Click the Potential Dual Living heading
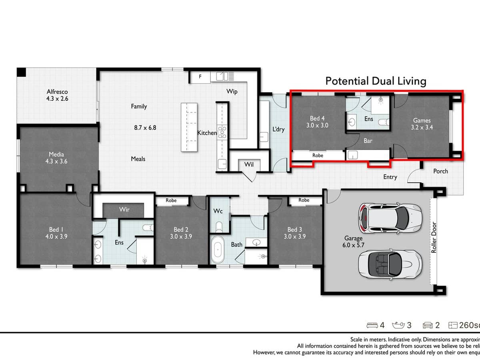376,81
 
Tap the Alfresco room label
57,95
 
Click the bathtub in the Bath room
218,249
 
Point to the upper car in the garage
390,217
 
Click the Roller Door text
434,237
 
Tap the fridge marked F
200,76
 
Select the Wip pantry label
232,92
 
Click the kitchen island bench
189,127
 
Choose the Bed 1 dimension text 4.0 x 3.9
56,236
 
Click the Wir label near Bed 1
124,210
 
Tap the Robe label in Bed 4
318,155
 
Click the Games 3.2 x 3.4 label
422,124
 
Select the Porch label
440,171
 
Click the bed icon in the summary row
372,325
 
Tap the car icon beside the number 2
428,325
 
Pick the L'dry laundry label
278,130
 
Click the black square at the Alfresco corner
21,72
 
